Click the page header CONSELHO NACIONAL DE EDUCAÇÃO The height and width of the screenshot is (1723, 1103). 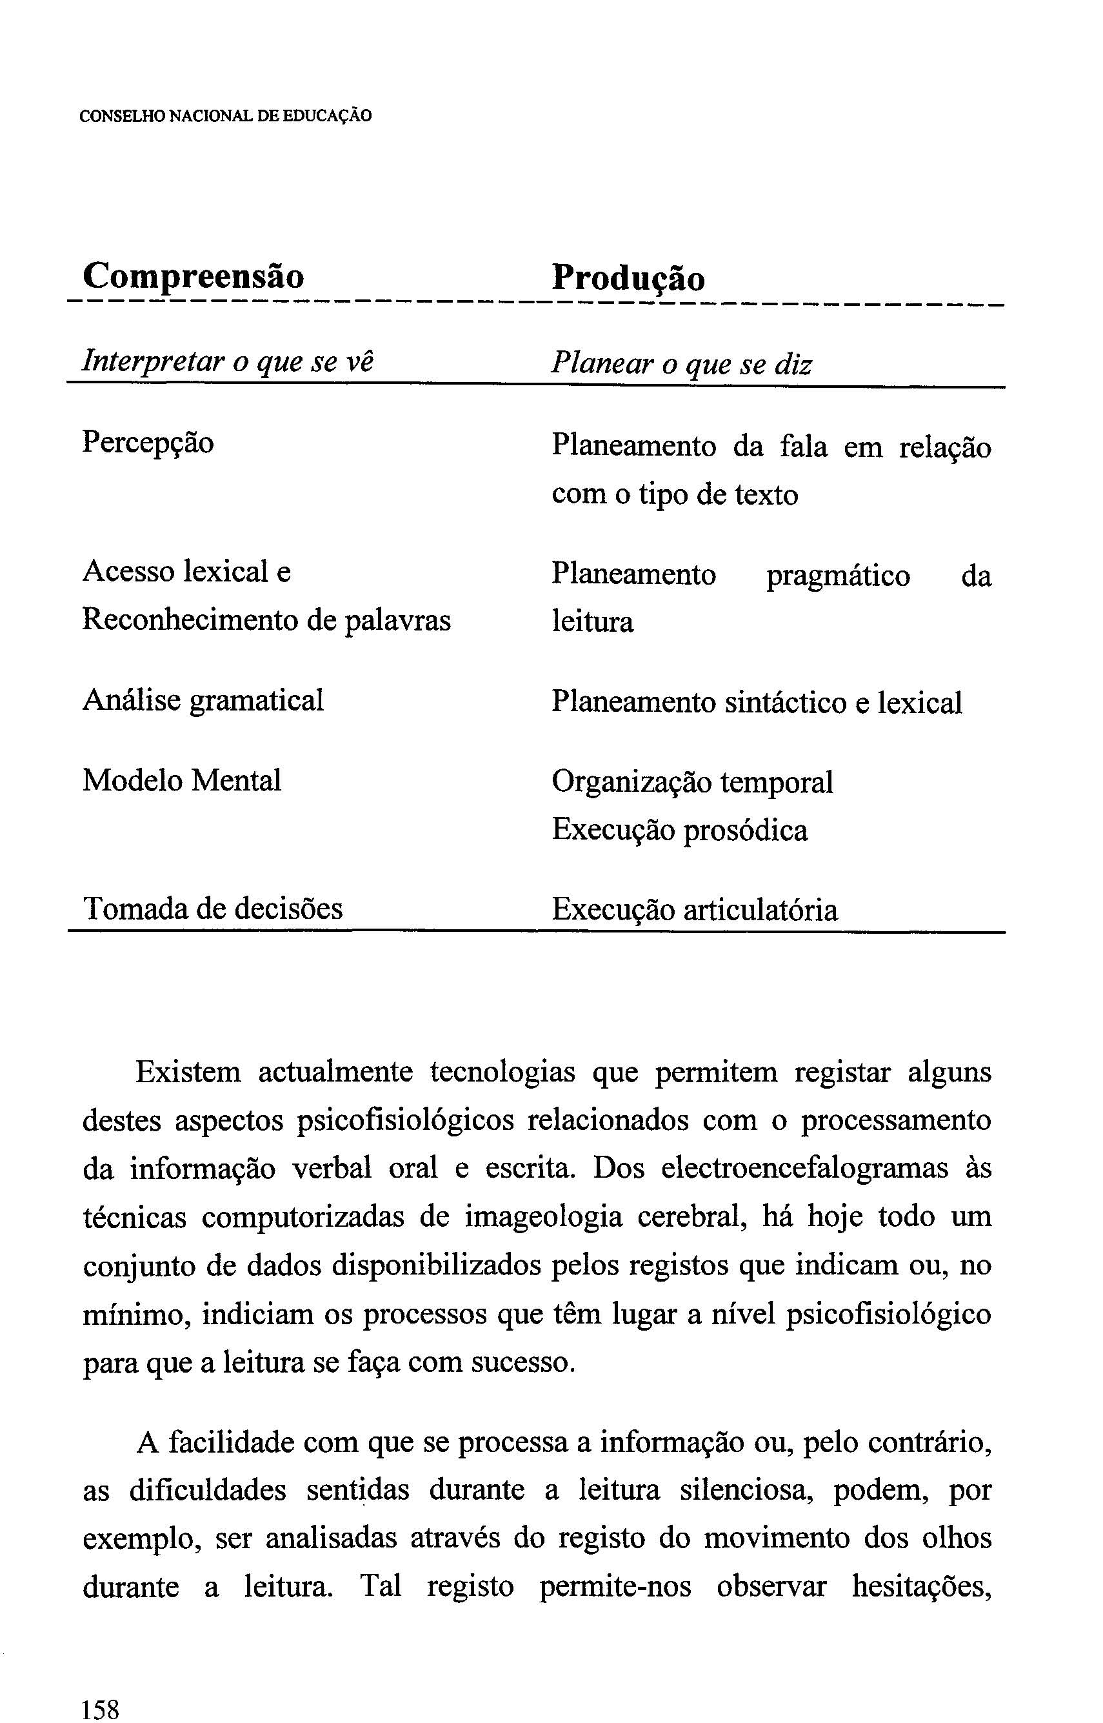[x=226, y=116]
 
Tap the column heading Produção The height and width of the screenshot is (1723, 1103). [x=628, y=278]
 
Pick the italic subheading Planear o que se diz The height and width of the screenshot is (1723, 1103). [x=682, y=365]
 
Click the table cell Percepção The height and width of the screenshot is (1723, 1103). [x=148, y=443]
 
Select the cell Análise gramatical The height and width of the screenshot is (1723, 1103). [x=203, y=700]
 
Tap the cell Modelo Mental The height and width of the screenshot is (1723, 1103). [x=182, y=780]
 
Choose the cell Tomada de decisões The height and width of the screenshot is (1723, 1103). [x=214, y=909]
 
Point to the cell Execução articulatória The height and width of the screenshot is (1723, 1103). [x=694, y=910]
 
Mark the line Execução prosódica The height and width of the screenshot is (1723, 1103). [x=680, y=831]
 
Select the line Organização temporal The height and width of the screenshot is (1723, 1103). [x=693, y=781]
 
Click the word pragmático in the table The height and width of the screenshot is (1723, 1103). [x=838, y=577]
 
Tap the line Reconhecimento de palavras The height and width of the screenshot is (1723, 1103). [x=266, y=620]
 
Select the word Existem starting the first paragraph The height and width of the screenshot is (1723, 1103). [x=188, y=1073]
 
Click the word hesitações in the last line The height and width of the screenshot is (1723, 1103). [x=922, y=1587]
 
